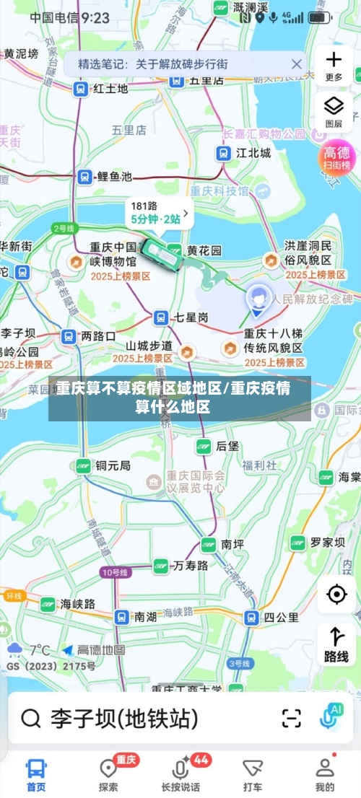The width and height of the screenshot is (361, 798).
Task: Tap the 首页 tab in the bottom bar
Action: tap(36, 773)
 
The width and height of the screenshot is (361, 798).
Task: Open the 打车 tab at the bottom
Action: tap(253, 773)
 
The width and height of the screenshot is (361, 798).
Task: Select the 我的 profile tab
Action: tap(325, 773)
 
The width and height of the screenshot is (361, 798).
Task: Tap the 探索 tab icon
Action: tap(108, 773)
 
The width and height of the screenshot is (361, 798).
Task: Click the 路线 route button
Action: tap(336, 644)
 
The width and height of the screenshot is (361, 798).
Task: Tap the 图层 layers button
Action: tap(334, 111)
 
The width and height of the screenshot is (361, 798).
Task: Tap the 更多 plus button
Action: tap(334, 65)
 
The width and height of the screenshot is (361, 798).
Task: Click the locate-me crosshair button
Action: tap(336, 594)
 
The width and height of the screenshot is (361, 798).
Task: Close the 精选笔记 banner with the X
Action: tap(296, 64)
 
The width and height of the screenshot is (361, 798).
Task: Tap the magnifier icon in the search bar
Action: tap(31, 718)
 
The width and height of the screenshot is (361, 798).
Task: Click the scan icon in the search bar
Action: tap(292, 718)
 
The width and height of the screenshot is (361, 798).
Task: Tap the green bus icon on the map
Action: tap(162, 255)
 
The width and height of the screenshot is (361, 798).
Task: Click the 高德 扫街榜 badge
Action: tap(336, 157)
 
